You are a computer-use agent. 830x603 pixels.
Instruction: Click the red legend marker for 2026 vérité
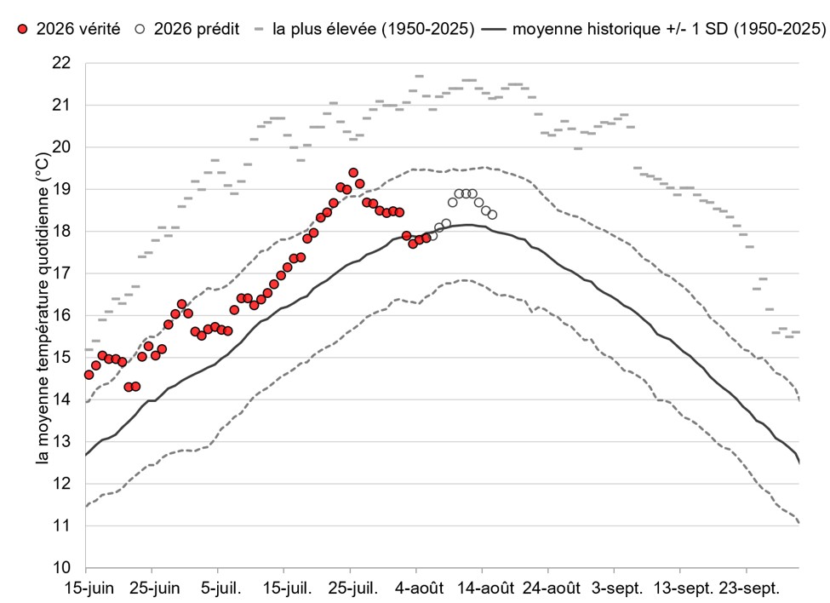pos(22,29)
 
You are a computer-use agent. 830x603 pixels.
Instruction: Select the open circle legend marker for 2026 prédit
pos(140,29)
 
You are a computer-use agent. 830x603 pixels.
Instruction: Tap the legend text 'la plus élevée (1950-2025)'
pos(373,29)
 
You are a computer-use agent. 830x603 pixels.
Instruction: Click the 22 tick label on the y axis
pos(61,63)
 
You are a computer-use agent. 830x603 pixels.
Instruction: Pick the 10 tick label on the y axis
pos(61,567)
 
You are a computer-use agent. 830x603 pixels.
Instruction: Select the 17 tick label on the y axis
pos(61,273)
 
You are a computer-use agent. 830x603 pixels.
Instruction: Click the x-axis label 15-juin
pos(89,589)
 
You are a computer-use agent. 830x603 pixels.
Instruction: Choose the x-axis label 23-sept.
pos(749,589)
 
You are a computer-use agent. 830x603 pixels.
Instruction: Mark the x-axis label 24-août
pos(551,589)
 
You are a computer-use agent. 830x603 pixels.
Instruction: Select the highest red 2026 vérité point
pos(353,173)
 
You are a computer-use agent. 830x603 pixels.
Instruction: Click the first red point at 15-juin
pos(89,375)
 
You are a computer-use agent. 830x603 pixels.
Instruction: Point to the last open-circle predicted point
pos(492,215)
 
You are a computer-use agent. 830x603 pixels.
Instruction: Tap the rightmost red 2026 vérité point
pos(426,238)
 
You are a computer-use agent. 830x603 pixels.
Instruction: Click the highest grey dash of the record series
pos(419,77)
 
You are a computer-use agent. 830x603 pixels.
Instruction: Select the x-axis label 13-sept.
pos(684,589)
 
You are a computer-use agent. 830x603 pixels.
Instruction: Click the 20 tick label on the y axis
pos(61,147)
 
